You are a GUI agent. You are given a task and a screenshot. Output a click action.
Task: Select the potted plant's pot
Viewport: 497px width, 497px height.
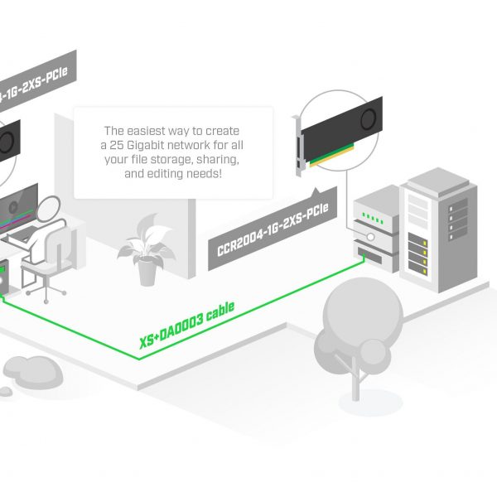pos(147,270)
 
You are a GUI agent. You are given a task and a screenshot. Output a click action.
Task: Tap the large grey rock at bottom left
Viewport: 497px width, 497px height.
pos(27,368)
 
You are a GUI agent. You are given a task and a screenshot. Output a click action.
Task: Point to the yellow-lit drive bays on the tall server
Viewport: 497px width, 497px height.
pos(420,253)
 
